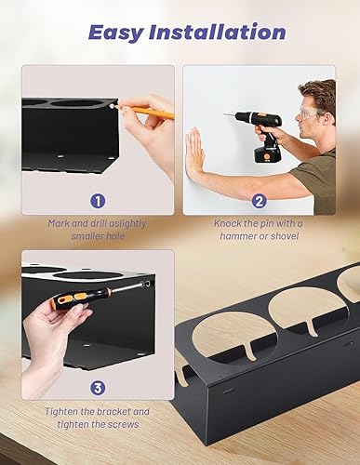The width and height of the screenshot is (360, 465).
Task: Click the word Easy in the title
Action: (116, 33)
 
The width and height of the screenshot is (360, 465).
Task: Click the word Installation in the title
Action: (218, 32)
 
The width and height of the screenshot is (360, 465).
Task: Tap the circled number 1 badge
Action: (98, 202)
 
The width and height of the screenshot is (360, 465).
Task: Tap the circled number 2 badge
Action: (259, 202)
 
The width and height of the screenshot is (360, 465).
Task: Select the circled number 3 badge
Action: (98, 388)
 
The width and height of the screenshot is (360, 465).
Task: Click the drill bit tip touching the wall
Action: (224, 114)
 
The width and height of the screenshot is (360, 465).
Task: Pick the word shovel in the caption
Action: (285, 236)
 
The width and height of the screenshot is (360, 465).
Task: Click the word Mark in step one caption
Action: (60, 223)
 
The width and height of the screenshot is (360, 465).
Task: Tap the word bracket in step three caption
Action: (113, 412)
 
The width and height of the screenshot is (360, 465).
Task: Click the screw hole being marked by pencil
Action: (112, 106)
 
